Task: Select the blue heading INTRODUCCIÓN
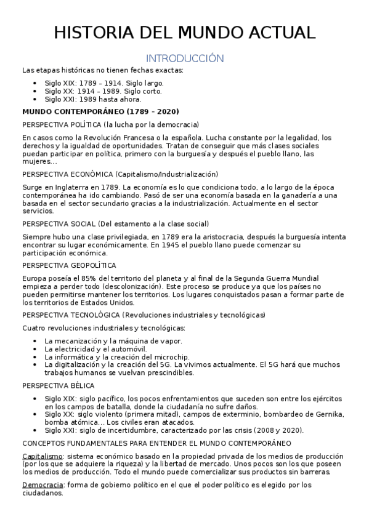pyautogui.click(x=184, y=58)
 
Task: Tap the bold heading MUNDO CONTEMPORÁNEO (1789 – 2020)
pyautogui.click(x=100, y=111)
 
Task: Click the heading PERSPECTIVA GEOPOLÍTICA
pyautogui.click(x=69, y=265)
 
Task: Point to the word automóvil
pyautogui.click(x=140, y=348)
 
